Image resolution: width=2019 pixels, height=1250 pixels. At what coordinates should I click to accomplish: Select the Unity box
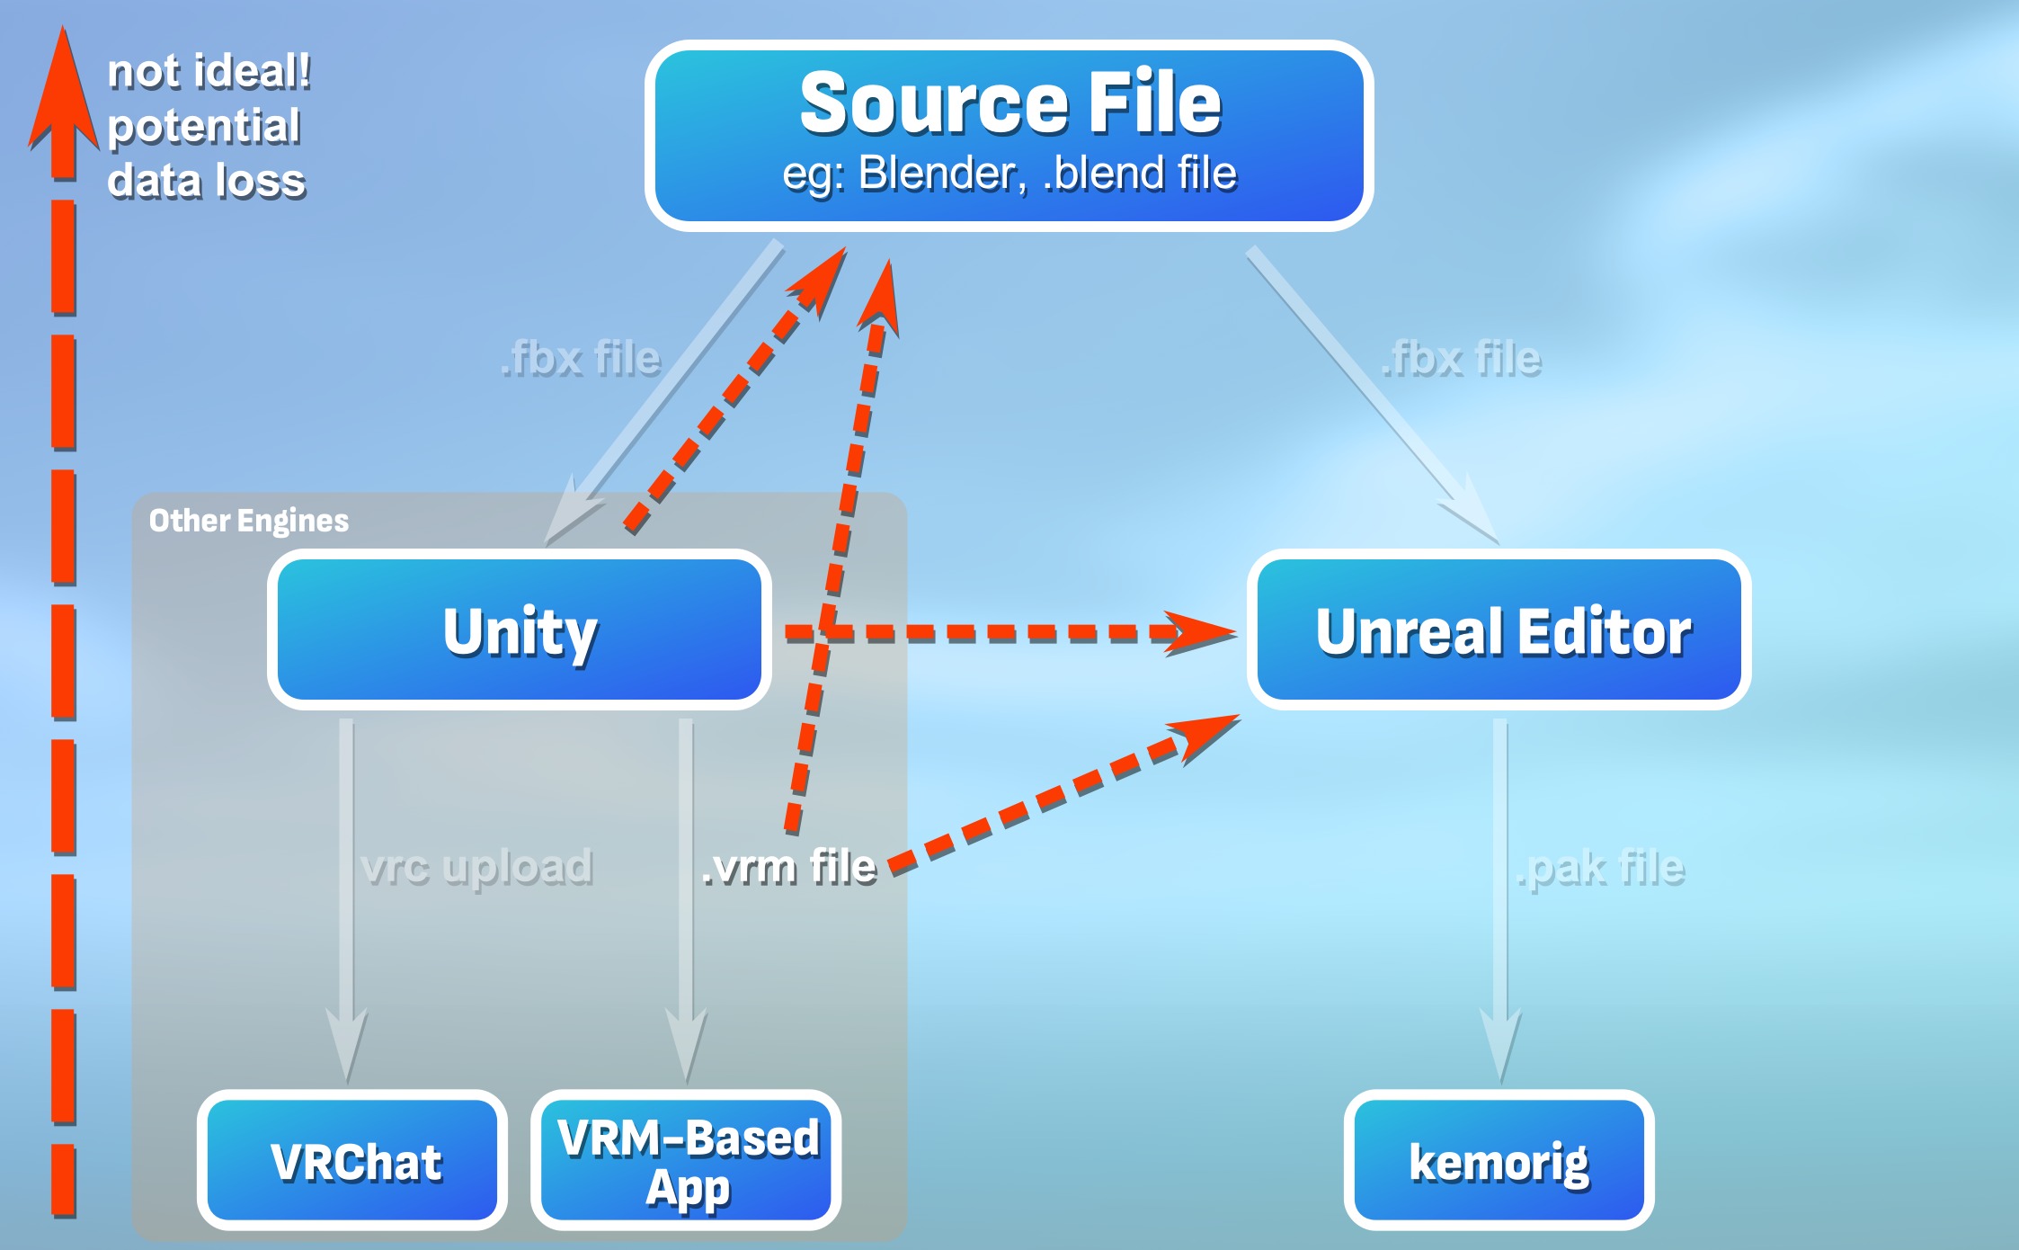[x=520, y=629]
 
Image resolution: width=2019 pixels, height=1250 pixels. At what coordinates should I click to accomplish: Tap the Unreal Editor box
[x=1499, y=629]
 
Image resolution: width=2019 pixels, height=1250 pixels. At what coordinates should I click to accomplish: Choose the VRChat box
[x=352, y=1160]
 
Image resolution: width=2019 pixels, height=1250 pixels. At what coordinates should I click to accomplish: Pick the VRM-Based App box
[x=687, y=1160]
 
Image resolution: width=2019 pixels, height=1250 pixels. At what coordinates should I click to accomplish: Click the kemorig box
[x=1499, y=1160]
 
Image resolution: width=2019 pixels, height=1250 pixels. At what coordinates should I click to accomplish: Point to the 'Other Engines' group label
[x=248, y=521]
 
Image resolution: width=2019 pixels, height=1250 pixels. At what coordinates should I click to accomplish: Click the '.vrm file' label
[x=788, y=867]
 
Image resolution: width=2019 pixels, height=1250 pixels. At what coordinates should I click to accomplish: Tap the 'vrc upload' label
[x=476, y=867]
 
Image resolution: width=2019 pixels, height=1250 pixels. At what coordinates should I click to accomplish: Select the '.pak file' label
[x=1600, y=869]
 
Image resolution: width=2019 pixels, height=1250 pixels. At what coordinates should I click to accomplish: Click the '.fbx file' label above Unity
[x=581, y=358]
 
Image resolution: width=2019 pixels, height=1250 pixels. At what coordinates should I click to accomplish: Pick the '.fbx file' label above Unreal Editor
[x=1462, y=358]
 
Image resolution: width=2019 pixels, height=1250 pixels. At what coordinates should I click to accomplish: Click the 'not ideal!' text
[x=209, y=71]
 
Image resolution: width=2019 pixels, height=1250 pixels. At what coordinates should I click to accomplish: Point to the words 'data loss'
[x=207, y=181]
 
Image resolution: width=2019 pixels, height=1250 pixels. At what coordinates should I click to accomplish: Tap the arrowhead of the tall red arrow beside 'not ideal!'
[x=63, y=90]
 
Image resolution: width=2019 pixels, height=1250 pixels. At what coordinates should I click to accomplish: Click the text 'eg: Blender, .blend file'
[x=1009, y=174]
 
